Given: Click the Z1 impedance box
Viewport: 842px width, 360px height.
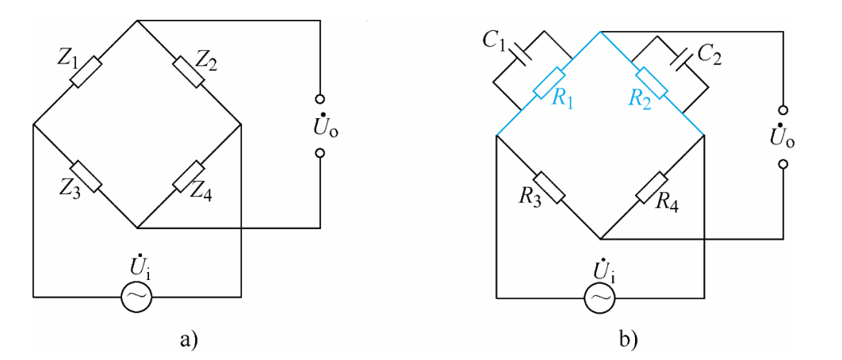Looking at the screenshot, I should (x=86, y=71).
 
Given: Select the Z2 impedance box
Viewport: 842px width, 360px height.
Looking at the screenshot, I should (x=188, y=71).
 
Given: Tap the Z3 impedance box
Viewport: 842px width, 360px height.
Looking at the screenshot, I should (x=86, y=176).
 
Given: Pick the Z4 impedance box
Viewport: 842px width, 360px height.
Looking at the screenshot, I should (x=188, y=176).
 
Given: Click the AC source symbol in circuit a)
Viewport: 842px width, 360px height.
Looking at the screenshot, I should (x=136, y=297).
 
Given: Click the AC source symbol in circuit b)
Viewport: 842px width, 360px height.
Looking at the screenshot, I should (x=599, y=297).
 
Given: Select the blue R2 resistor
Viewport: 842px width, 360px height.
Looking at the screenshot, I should (x=652, y=83).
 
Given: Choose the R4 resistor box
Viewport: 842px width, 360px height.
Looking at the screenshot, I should (x=652, y=187).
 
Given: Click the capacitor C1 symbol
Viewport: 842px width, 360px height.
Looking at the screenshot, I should (x=522, y=53).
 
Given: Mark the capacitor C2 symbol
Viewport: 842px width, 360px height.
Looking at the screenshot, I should (x=679, y=53).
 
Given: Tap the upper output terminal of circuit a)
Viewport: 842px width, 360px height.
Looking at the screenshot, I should (x=320, y=101).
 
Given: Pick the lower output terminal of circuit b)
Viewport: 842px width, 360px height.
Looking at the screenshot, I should (x=783, y=165).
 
